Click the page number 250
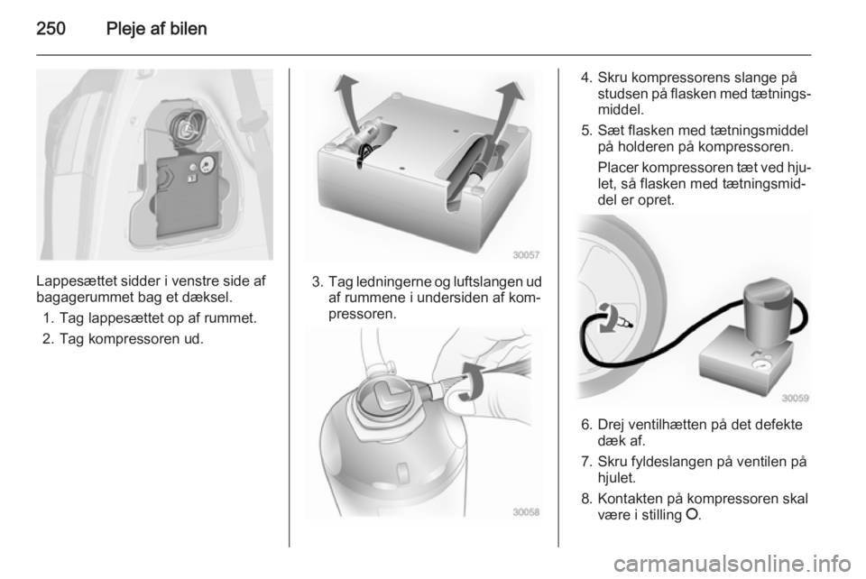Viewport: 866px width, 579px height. (x=51, y=29)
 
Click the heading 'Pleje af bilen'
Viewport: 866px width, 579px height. (x=156, y=29)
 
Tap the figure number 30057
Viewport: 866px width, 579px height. (x=526, y=255)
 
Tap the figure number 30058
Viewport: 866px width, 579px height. (x=526, y=512)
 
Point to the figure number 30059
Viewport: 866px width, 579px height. (x=796, y=398)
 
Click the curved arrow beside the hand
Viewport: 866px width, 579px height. (x=473, y=381)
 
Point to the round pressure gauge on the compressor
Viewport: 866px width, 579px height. (x=763, y=365)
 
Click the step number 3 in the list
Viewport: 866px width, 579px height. (x=317, y=282)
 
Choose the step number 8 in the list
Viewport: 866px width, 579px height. (x=586, y=499)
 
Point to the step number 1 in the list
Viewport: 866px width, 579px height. (x=48, y=318)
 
